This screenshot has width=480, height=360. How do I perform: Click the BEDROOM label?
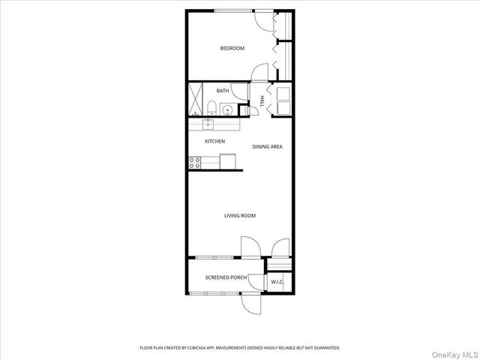pos(232,49)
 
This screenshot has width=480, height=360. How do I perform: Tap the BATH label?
pos(223,91)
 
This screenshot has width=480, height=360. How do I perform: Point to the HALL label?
pos(262,100)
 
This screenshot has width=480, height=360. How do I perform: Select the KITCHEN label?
pos(215,141)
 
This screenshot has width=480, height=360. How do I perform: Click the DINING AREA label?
pos(267,147)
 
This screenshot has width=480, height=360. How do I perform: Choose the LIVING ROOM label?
pos(240,216)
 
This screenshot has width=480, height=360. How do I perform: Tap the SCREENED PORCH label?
pos(226,277)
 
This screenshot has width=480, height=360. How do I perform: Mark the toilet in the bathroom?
pos(211,106)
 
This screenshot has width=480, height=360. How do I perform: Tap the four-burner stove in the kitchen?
pos(193,160)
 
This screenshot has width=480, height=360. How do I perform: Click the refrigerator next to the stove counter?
pos(228,161)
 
